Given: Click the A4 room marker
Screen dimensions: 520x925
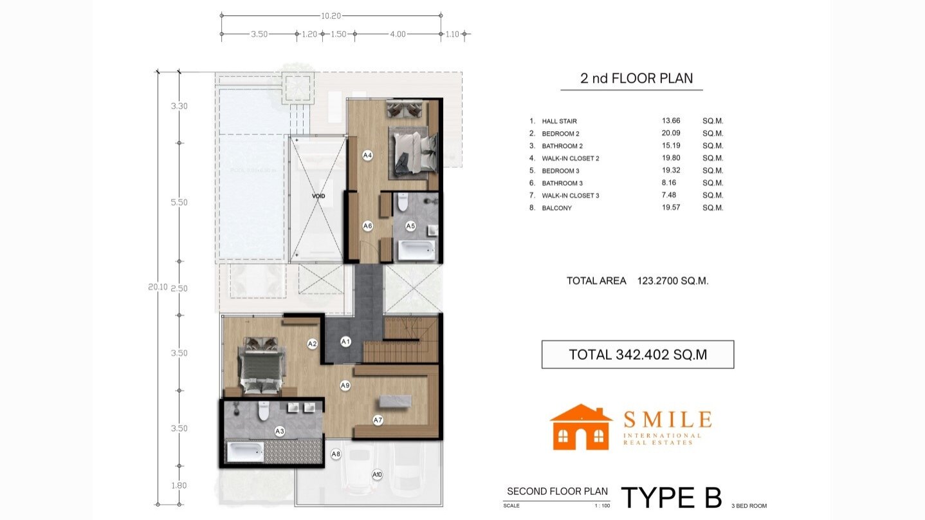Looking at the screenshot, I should click(x=368, y=155).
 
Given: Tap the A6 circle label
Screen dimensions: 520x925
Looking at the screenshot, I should click(x=368, y=226).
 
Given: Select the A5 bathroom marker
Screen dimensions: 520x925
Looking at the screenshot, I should click(x=411, y=226).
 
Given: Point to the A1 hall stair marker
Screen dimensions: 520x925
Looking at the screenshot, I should click(x=345, y=341).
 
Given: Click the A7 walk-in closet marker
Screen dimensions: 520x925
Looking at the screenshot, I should click(x=378, y=420).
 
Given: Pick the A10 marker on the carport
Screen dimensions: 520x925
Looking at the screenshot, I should click(x=378, y=475).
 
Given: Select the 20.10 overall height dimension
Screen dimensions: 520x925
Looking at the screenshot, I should click(x=158, y=288).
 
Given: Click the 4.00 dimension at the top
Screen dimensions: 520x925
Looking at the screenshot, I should click(x=398, y=35).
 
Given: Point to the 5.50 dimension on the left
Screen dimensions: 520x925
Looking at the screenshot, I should click(x=179, y=202).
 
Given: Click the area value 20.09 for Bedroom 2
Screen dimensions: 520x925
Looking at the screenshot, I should click(x=671, y=133).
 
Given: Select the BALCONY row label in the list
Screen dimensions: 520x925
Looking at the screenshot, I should click(x=556, y=208).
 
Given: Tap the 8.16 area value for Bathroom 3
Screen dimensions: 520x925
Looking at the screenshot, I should click(x=671, y=183).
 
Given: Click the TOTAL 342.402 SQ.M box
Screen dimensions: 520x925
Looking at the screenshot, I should click(x=637, y=355).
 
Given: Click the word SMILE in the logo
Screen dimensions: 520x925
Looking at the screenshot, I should click(x=667, y=420).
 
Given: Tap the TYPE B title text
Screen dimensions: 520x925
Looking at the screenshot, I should click(x=671, y=497).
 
